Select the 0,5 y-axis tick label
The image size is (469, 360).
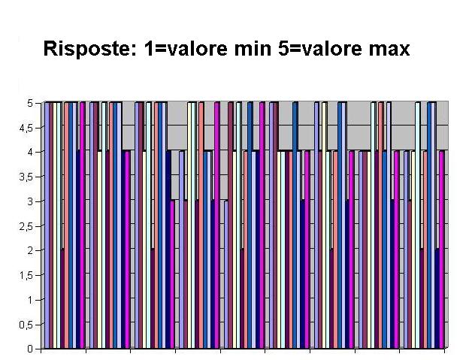coord(26,324)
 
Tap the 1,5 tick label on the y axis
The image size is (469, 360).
coord(26,275)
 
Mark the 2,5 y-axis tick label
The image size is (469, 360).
coord(26,225)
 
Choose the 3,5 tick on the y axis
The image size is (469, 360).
coord(26,177)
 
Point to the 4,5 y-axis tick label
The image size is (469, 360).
coord(26,128)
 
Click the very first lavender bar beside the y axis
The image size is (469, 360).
coord(47,225)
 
